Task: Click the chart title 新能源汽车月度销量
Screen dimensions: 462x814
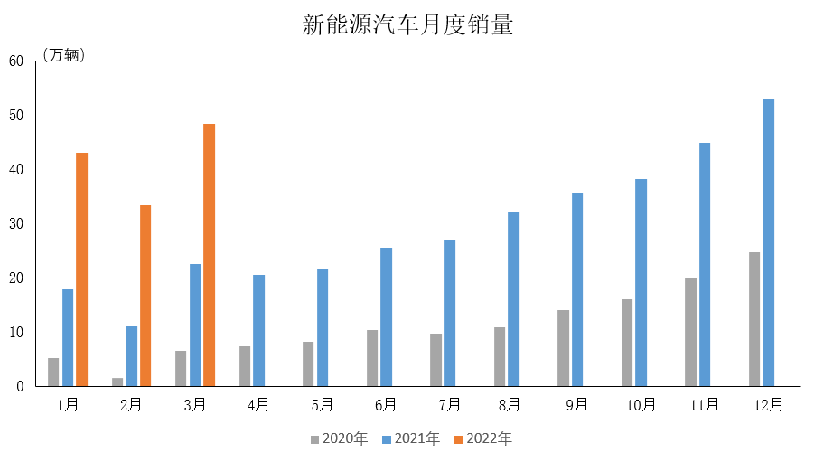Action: (407, 24)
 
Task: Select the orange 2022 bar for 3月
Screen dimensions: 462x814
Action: (209, 255)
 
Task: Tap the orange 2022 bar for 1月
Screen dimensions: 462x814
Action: (81, 269)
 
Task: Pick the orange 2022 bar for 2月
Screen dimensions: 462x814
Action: (145, 296)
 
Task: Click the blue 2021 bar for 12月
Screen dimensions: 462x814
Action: (768, 242)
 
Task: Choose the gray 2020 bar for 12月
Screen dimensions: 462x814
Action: (754, 319)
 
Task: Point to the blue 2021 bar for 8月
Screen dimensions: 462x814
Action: (513, 299)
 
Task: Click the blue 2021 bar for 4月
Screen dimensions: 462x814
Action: (258, 330)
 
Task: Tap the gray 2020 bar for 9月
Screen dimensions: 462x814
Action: (563, 348)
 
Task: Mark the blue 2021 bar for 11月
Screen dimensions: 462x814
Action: (705, 264)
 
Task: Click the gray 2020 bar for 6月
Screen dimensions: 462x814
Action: (372, 358)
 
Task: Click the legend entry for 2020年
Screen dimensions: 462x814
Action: (339, 439)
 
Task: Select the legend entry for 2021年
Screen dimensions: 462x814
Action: (411, 439)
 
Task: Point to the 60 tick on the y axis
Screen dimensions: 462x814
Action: (15, 61)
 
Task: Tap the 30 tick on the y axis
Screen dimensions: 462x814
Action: (15, 224)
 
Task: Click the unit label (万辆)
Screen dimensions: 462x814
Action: (64, 56)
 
